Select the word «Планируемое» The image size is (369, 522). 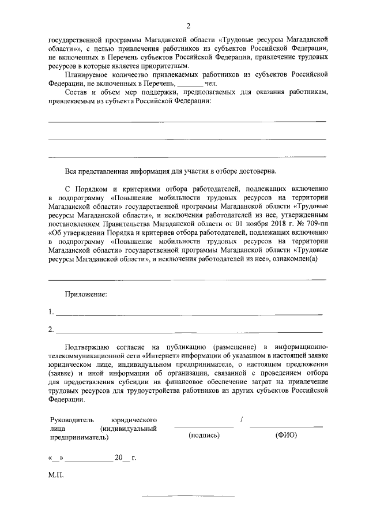tap(87, 76)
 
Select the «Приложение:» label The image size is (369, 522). tap(86, 295)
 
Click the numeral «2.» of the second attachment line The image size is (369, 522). tap(51, 331)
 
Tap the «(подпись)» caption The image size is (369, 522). tap(204, 435)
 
